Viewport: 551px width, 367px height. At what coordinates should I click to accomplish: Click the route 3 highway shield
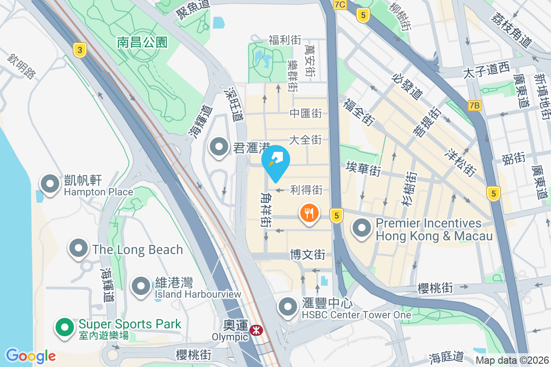[80, 50]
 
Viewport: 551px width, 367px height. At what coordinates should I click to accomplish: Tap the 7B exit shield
[475, 106]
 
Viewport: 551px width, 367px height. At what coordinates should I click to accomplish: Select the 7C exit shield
[340, 5]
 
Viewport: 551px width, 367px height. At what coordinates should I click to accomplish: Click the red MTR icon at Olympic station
[256, 330]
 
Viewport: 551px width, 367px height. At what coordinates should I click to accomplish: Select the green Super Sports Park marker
[65, 328]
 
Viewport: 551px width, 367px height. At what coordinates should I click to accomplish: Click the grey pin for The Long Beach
[79, 249]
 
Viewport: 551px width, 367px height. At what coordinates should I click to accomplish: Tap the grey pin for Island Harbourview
[141, 286]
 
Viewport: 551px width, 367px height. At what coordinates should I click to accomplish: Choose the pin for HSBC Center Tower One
[288, 306]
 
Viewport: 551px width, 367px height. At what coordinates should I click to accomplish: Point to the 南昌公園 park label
[142, 43]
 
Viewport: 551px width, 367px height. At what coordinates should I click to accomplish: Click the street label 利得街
[306, 189]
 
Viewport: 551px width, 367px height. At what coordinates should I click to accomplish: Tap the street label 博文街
[308, 254]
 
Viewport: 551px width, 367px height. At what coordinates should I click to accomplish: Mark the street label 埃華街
[364, 168]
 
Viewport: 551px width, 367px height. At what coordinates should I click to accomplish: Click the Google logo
[31, 356]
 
